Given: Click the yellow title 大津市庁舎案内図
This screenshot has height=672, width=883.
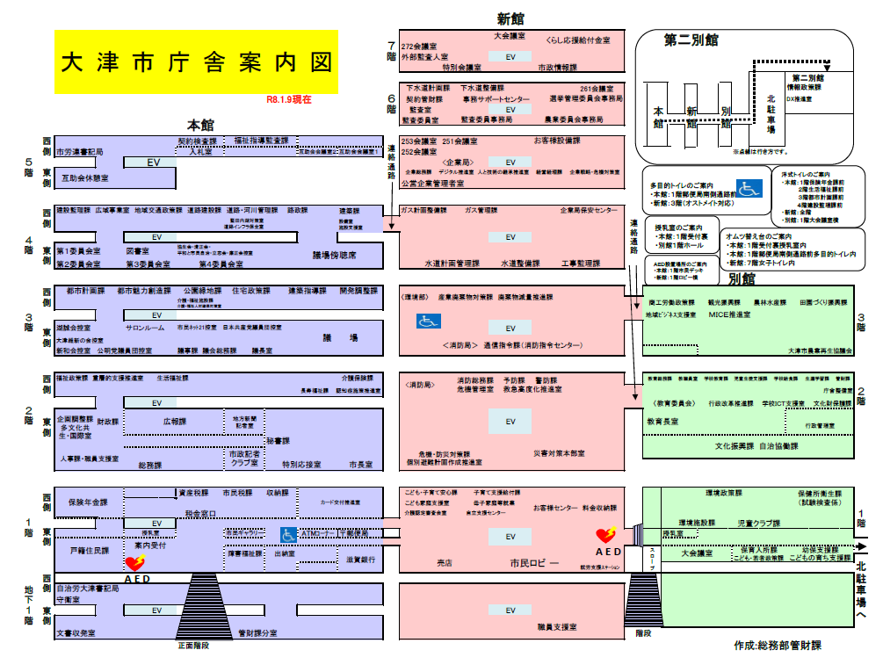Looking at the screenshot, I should click(x=196, y=62).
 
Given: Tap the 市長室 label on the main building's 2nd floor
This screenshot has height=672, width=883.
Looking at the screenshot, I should click(x=360, y=464).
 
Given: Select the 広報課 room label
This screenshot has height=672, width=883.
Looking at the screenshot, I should click(x=175, y=422).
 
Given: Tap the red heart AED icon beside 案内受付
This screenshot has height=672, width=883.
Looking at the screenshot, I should click(x=134, y=563).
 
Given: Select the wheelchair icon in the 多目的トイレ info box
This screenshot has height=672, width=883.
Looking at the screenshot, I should click(x=749, y=188).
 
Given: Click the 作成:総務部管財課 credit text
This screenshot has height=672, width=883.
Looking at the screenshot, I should click(x=778, y=646).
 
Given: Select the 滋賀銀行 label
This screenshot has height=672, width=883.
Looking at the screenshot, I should click(x=361, y=559).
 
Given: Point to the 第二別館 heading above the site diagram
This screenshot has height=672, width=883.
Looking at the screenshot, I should click(x=692, y=40).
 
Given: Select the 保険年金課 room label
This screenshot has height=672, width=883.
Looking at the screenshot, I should click(x=88, y=502).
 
